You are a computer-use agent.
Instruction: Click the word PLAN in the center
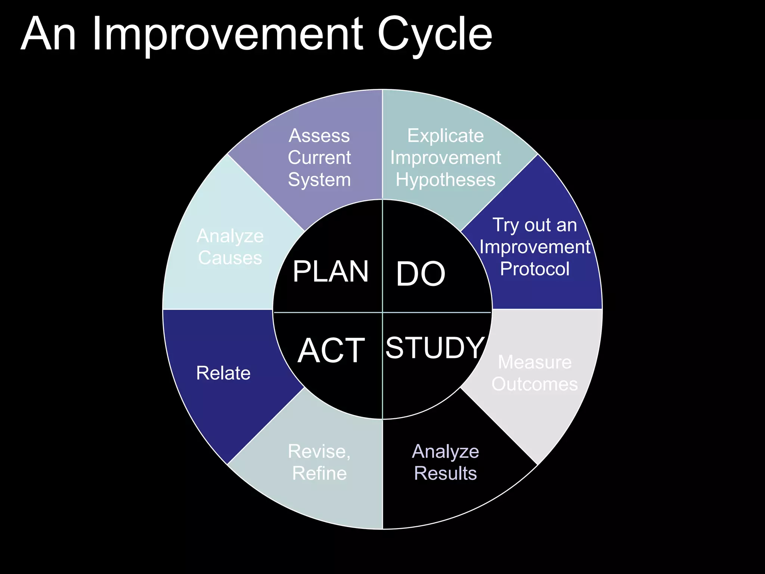click(331, 272)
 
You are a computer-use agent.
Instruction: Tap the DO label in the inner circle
click(421, 274)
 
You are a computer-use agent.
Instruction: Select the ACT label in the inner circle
click(331, 351)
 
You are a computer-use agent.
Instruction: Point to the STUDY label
click(435, 348)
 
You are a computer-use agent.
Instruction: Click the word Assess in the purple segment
click(319, 136)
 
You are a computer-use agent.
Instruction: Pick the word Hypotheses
click(445, 180)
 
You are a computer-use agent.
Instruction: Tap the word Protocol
click(535, 269)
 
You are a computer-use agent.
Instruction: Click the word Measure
click(535, 362)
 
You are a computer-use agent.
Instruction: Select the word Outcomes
click(535, 384)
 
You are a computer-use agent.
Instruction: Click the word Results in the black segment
click(445, 473)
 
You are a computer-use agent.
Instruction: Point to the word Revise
click(319, 451)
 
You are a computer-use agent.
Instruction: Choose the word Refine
click(319, 473)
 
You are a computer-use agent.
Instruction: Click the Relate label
click(223, 373)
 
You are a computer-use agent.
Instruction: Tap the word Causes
click(230, 258)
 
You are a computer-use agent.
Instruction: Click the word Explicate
click(445, 136)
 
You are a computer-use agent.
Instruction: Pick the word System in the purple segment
click(319, 180)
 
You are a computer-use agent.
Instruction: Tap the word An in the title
click(49, 34)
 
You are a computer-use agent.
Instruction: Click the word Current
click(319, 158)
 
